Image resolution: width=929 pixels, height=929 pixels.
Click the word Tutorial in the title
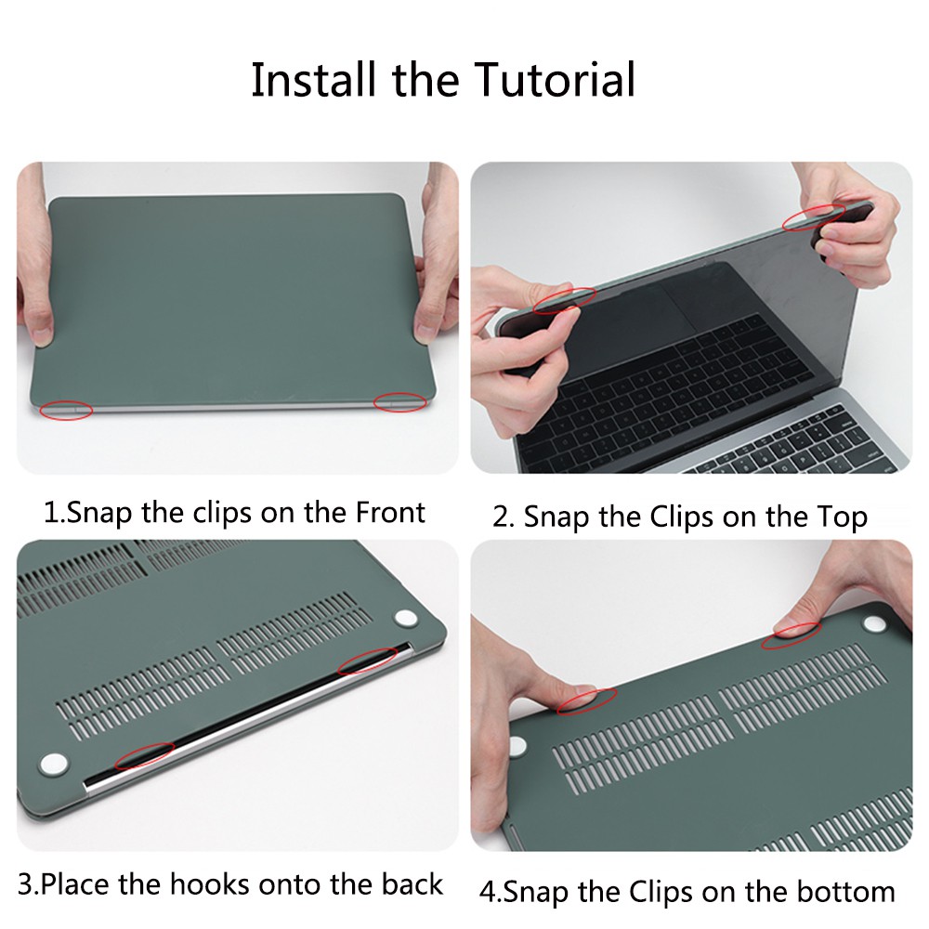556,80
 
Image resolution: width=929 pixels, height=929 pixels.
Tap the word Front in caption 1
390,512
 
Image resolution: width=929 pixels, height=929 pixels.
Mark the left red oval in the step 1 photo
67,409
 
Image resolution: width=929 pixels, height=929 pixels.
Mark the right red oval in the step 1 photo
399,401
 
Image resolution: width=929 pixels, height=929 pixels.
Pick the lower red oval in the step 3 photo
143,755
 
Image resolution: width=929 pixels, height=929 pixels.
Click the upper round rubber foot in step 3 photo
406,619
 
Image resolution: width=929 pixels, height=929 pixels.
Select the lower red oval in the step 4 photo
587,702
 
